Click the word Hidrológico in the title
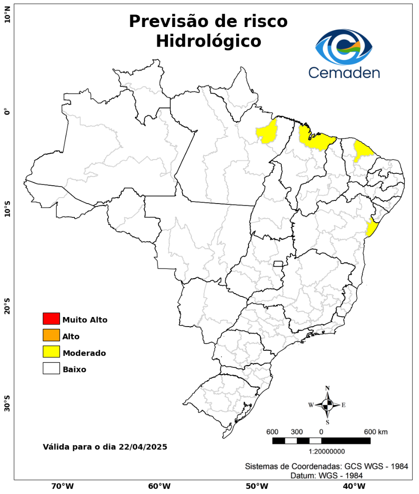[208, 41]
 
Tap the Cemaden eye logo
[344, 47]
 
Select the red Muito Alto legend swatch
[51, 318]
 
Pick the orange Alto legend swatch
[51, 335]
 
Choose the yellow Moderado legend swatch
[51, 352]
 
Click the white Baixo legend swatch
[51, 368]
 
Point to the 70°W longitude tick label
[62, 485]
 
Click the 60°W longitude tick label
[159, 485]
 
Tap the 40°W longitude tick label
[353, 485]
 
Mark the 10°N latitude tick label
[7, 17]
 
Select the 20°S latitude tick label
[7, 306]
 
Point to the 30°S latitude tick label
[7, 403]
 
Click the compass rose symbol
[328, 405]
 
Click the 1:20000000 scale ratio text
[327, 451]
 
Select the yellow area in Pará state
[268, 132]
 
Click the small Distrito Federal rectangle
[278, 263]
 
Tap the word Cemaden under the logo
[344, 72]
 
